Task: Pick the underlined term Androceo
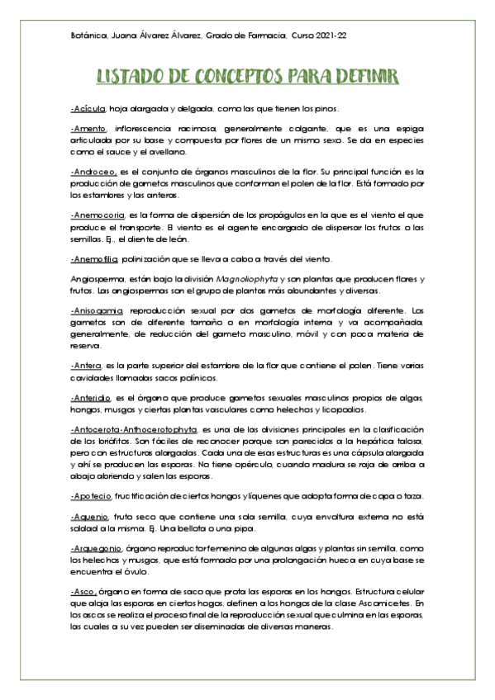(x=93, y=170)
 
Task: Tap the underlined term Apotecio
(x=92, y=494)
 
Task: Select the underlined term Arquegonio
(x=97, y=548)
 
